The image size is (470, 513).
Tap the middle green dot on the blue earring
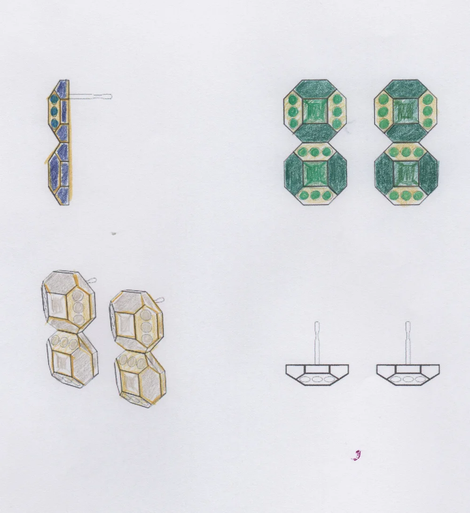[x=54, y=111]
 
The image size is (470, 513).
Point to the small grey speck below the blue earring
[x=113, y=233]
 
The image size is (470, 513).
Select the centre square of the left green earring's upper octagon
[x=314, y=112]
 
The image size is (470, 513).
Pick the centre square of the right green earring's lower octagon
[x=406, y=173]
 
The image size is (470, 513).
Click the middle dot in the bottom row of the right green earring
[x=406, y=195]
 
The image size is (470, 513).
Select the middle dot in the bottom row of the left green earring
[x=315, y=195]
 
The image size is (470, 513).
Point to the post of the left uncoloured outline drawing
[x=317, y=343]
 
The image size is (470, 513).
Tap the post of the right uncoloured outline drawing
[x=407, y=343]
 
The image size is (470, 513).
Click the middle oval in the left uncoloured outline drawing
[x=316, y=379]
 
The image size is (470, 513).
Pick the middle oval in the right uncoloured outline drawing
[x=407, y=379]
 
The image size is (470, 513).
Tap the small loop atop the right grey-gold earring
[x=160, y=300]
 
